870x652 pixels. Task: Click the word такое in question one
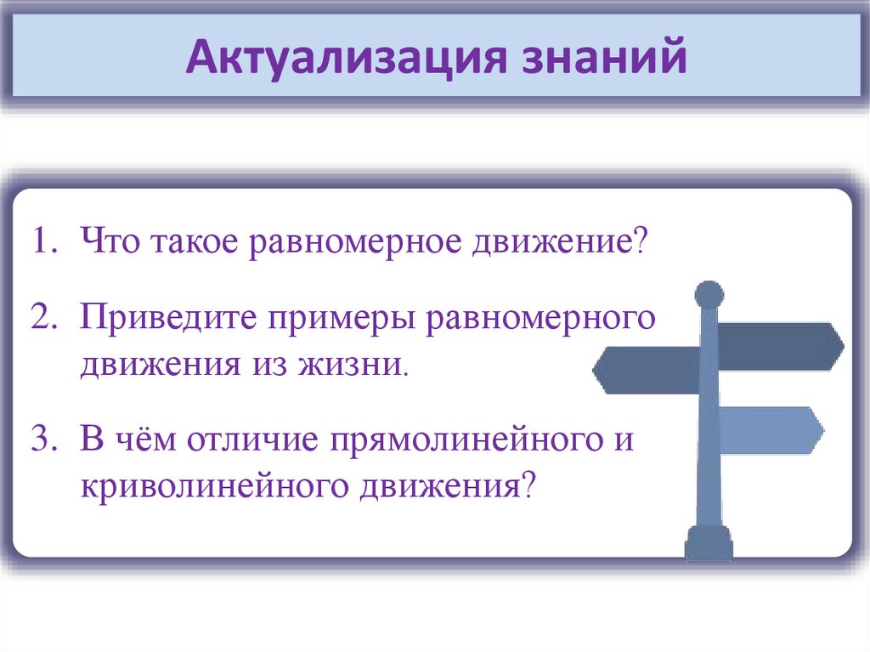pyautogui.click(x=196, y=245)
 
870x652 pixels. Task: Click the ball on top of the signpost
pyautogui.click(x=709, y=295)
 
